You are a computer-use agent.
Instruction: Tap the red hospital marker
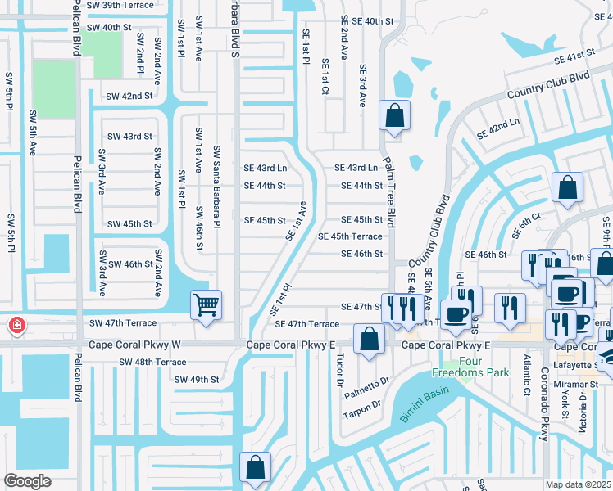[x=16, y=327]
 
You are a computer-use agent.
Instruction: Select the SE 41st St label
[x=573, y=56]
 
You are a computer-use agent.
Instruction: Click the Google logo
[x=27, y=480]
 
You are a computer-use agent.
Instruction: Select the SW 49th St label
[x=197, y=379]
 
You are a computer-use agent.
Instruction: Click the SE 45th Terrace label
[x=350, y=236]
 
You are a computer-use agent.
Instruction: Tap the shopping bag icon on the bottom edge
[x=256, y=467]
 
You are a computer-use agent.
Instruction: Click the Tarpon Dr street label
[x=364, y=405]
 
